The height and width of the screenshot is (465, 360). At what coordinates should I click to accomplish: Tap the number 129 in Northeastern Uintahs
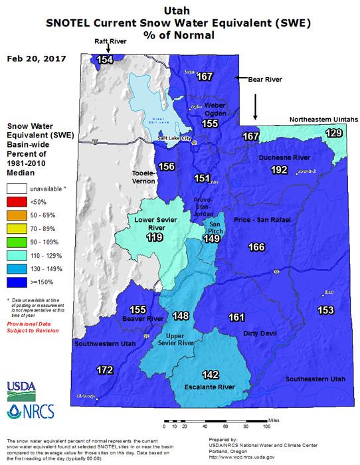click(x=334, y=134)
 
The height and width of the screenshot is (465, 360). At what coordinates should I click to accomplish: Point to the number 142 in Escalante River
click(x=211, y=375)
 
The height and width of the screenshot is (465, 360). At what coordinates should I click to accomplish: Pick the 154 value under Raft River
click(x=104, y=60)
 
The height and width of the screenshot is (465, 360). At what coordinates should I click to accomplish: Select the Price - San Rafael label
click(x=258, y=219)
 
